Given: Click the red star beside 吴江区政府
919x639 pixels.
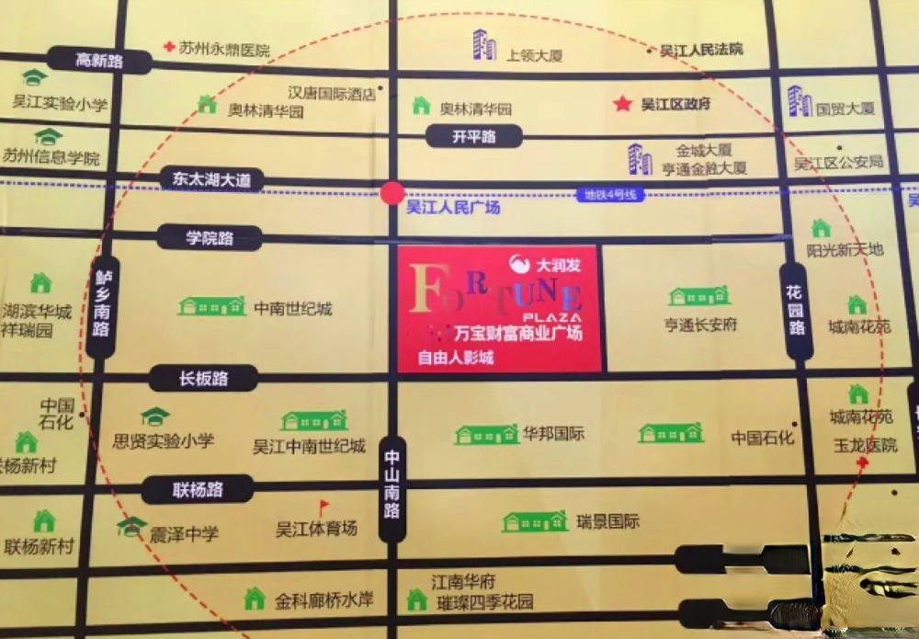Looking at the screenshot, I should [x=623, y=104].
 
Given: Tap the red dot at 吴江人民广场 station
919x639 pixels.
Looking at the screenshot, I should [x=392, y=193].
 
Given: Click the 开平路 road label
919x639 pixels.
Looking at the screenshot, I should [x=474, y=137].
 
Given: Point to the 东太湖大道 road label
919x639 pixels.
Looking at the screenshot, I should [x=210, y=179].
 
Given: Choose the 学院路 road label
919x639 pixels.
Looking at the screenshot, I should [x=210, y=238].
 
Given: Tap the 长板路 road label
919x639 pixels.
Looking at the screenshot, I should [x=203, y=377].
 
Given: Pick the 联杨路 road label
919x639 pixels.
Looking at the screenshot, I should [x=197, y=489].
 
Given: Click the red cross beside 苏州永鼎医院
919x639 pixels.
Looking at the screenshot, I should [x=168, y=46].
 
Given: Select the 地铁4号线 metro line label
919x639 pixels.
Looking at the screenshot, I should [x=610, y=194].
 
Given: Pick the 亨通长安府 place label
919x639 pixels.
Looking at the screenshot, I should [x=700, y=324].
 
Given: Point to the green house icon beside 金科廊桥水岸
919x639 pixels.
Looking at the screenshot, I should [x=255, y=599].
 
